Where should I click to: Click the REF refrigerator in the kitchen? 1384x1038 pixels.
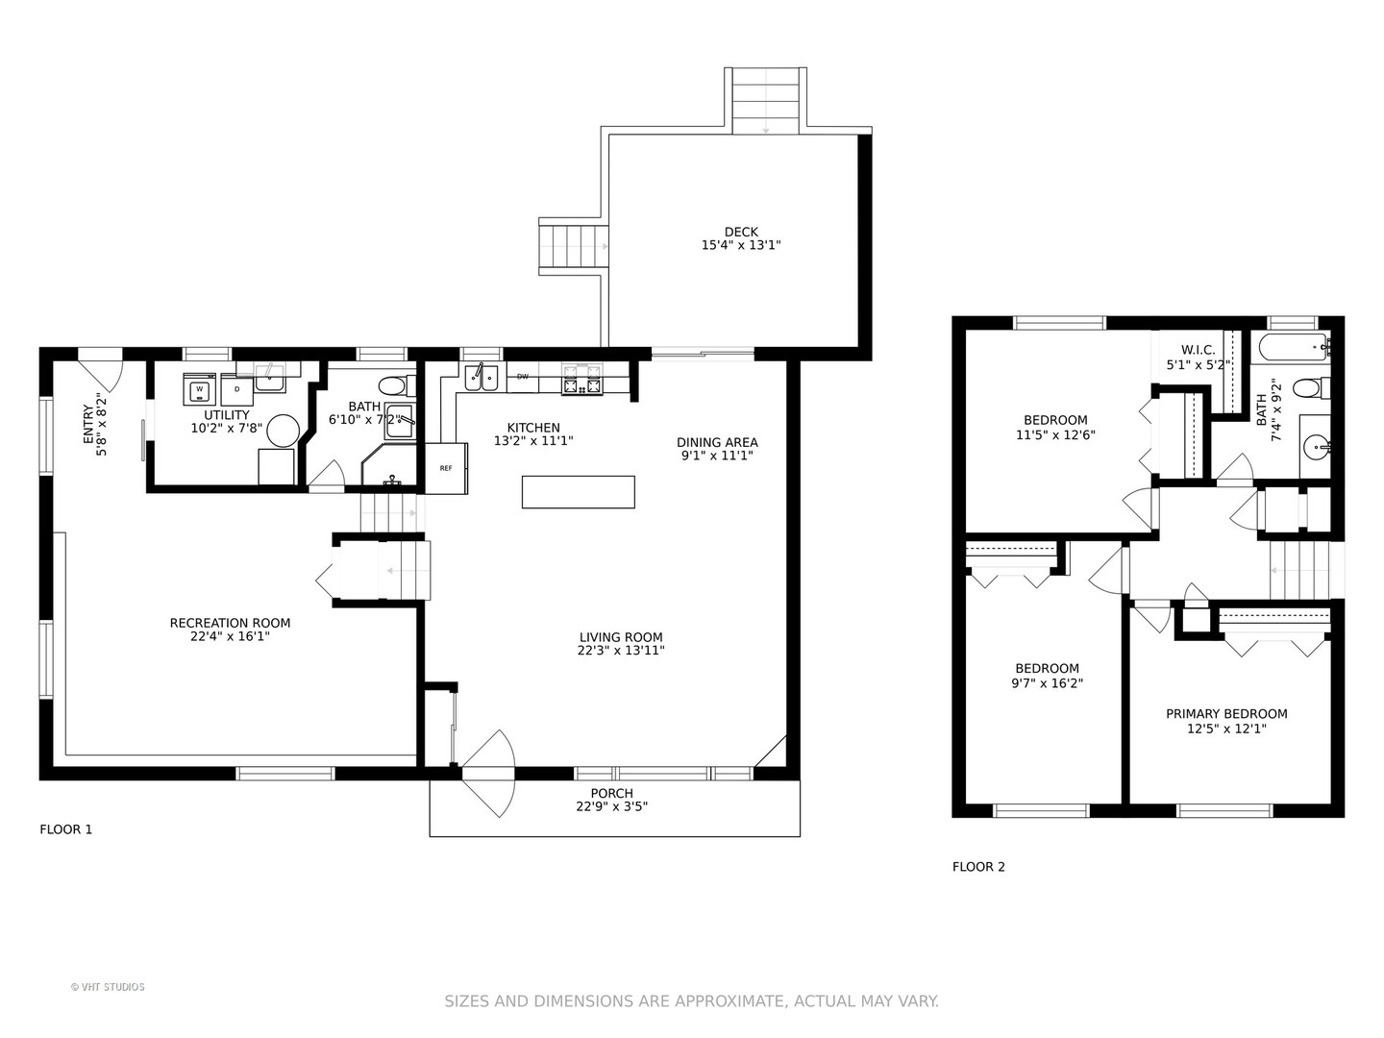point(446,468)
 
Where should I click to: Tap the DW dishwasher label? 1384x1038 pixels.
point(522,377)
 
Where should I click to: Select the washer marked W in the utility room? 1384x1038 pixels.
point(200,389)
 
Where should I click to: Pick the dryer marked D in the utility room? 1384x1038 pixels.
point(237,389)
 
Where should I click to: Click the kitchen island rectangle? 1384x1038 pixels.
point(579,491)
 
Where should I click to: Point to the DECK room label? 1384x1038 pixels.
point(741,232)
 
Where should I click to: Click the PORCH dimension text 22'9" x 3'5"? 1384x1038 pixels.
point(611,806)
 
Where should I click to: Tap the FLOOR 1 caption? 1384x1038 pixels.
point(65,829)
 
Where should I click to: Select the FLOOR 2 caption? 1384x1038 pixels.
point(978,867)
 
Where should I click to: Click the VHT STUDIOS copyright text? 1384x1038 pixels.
point(108,987)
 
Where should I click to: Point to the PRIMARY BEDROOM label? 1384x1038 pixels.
point(1226,714)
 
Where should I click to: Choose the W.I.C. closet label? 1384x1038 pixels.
point(1198,351)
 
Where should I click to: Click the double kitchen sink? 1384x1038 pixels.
point(482,378)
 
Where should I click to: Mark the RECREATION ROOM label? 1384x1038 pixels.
point(230,624)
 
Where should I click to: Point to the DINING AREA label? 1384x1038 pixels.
point(718,442)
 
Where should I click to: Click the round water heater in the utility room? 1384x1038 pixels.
point(284,432)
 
